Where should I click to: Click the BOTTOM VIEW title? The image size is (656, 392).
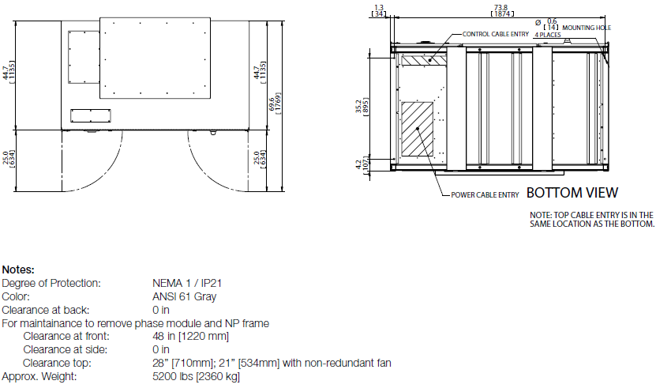[x=572, y=193]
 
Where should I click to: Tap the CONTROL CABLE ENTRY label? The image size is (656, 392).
[x=496, y=34]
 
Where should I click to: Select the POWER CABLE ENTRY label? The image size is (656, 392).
[x=485, y=194]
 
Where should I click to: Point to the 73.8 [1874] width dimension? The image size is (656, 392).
[x=501, y=11]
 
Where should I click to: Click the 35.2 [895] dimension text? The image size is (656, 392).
[x=362, y=107]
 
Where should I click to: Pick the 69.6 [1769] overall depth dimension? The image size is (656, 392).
[x=276, y=103]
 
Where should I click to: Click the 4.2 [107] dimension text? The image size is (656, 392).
[x=362, y=164]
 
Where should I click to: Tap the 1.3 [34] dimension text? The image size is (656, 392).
[x=379, y=11]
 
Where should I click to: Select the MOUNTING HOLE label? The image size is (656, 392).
[x=587, y=28]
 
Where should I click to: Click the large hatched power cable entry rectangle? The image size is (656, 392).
[x=417, y=129]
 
